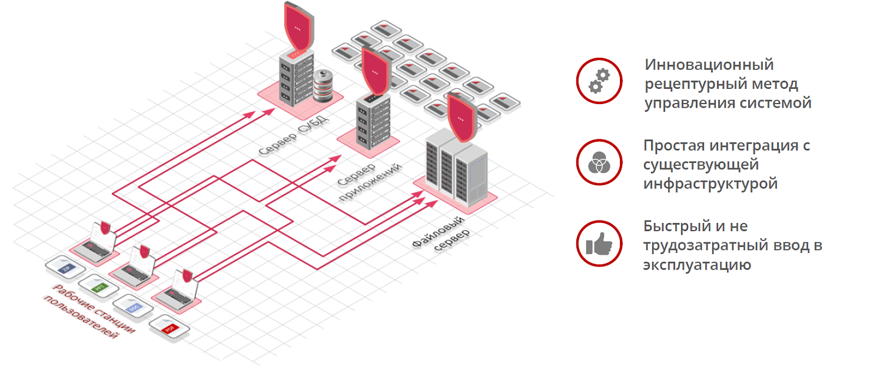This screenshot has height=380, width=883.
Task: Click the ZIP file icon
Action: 65,268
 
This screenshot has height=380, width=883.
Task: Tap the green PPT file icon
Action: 98,286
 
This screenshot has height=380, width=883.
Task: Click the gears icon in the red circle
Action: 599,81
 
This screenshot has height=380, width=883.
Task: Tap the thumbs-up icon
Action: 599,244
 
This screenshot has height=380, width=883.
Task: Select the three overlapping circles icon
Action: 599,162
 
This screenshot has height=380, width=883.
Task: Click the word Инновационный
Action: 709,64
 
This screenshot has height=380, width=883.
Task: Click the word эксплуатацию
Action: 697,264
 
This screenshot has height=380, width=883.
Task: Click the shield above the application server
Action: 376,71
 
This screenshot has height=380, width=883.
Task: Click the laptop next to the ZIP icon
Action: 97,241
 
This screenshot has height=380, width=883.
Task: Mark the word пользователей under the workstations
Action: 82,318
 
